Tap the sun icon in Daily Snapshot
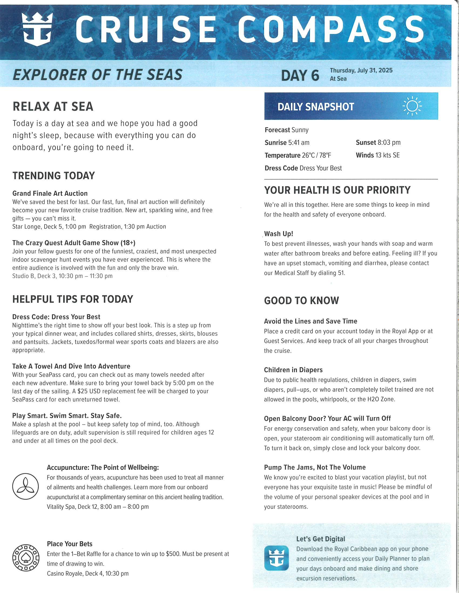(412, 106)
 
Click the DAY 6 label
(300, 75)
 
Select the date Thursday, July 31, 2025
(361, 70)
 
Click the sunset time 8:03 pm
(389, 143)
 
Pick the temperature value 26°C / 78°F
(316, 155)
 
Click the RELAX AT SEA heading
(53, 106)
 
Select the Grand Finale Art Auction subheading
(50, 193)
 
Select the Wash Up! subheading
(278, 234)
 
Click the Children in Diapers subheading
(293, 370)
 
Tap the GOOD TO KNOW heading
(301, 301)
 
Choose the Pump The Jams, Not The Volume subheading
(315, 467)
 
